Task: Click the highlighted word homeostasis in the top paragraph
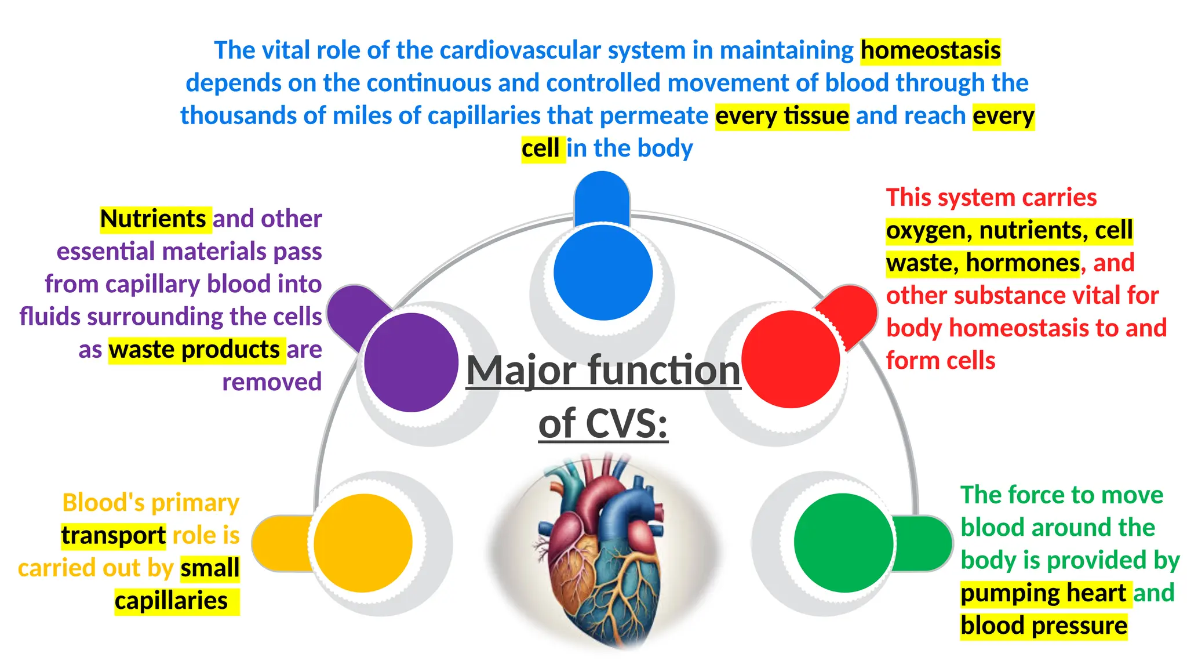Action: (930, 50)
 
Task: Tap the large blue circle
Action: (603, 273)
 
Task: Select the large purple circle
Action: (411, 362)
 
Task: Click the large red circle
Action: (791, 360)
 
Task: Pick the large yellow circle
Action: (363, 543)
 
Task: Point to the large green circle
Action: (843, 543)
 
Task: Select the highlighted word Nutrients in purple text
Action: (153, 219)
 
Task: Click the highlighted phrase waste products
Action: (195, 350)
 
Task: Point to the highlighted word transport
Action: (114, 536)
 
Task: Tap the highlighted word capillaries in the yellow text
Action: (172, 601)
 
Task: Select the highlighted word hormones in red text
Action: (1022, 263)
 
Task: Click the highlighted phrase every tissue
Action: (782, 116)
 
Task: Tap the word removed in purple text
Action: (272, 383)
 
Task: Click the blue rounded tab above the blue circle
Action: (602, 197)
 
